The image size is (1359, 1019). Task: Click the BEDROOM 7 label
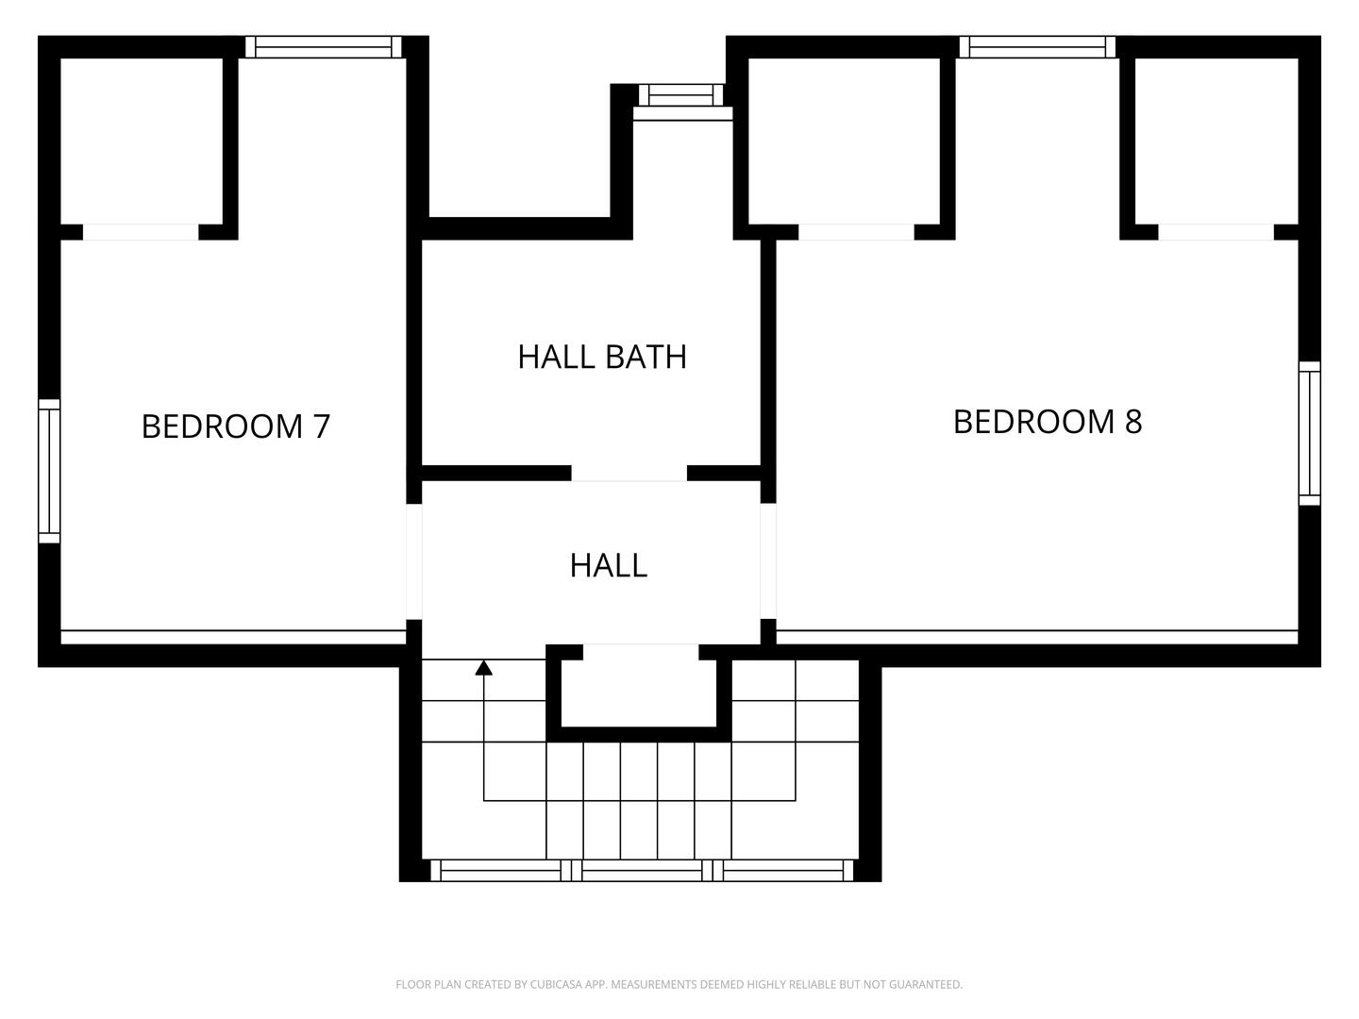[236, 426]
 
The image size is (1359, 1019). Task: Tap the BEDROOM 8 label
[1048, 422]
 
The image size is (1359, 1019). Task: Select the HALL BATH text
[602, 357]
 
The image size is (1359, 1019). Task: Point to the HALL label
[609, 565]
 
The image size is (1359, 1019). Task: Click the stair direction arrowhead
[484, 668]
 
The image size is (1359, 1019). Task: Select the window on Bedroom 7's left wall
[49, 471]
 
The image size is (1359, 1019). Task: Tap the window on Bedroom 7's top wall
[324, 47]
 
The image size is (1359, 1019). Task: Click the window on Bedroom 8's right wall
[1309, 433]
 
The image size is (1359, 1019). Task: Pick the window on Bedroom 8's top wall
[1037, 47]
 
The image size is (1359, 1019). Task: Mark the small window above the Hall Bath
[681, 95]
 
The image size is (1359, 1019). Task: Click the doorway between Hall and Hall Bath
[629, 474]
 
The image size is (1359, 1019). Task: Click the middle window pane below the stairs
[642, 870]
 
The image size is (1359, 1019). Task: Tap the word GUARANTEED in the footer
[926, 985]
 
